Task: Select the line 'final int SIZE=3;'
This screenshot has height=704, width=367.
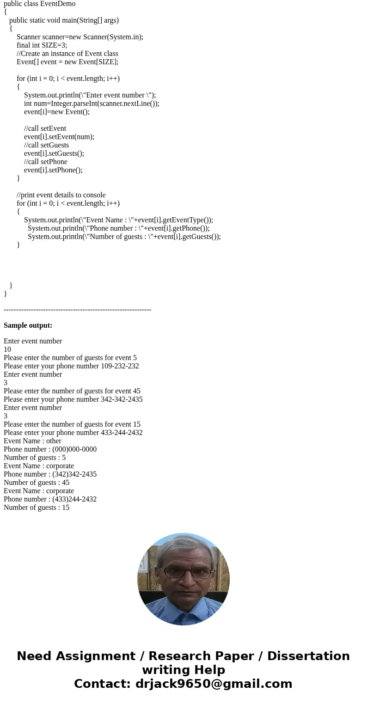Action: tap(42, 45)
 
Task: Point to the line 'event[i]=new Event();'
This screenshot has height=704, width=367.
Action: tap(57, 112)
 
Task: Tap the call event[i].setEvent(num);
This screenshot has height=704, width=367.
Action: tap(59, 137)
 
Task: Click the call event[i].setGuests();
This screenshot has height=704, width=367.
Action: tap(54, 153)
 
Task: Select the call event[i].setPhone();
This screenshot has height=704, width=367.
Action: tap(53, 170)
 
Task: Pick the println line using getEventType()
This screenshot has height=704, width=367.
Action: tap(118, 220)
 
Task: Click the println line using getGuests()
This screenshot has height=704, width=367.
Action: tap(124, 237)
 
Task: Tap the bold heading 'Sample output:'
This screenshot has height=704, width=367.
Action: tap(28, 325)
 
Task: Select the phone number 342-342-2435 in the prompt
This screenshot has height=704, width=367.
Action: tap(122, 399)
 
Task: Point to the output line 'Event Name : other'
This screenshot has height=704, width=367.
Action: tap(32, 441)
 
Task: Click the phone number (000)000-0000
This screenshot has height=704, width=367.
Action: tap(74, 449)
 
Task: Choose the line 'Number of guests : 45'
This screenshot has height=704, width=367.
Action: tap(37, 483)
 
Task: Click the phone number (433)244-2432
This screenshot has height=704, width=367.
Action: tap(74, 499)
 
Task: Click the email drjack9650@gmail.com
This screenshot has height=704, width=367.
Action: tap(214, 684)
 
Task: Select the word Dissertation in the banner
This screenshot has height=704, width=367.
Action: tap(308, 656)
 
